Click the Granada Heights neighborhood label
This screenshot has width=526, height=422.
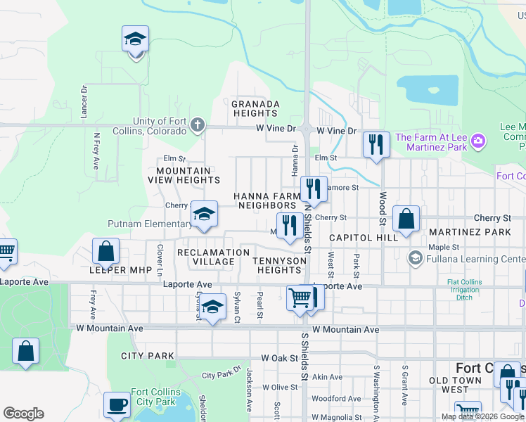(255, 108)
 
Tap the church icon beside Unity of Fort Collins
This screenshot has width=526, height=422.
(198, 126)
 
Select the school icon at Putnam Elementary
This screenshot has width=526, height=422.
(204, 215)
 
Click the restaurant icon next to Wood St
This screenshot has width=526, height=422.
(376, 145)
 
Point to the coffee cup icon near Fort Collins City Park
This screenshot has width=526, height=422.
(117, 405)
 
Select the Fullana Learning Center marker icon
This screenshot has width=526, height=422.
(415, 258)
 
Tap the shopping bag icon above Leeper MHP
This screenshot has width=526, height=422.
(105, 251)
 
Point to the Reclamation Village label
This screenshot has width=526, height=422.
(205, 257)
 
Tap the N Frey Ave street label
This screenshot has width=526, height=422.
(96, 148)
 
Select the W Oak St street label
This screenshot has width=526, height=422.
(279, 358)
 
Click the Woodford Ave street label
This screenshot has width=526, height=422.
(328, 398)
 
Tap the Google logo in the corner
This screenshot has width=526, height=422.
(23, 414)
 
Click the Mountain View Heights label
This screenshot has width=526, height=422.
(184, 175)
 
